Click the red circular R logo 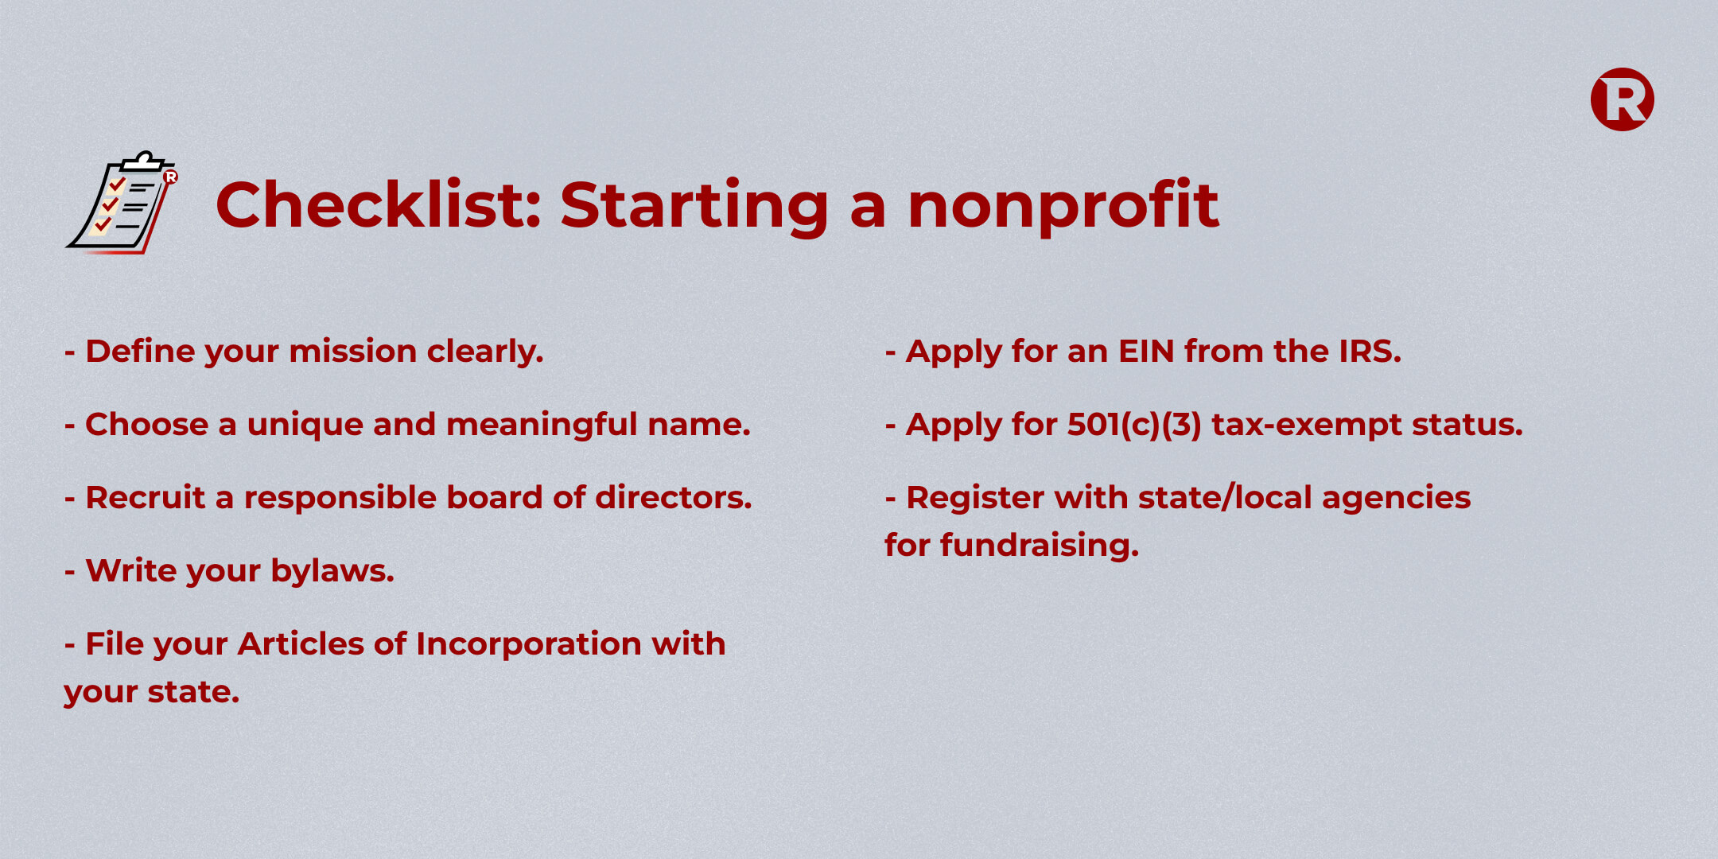pos(1623,99)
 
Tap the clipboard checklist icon pos(122,202)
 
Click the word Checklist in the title pos(379,204)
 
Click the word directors pos(674,497)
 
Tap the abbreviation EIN pos(1146,351)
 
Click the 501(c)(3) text pos(1134,425)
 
